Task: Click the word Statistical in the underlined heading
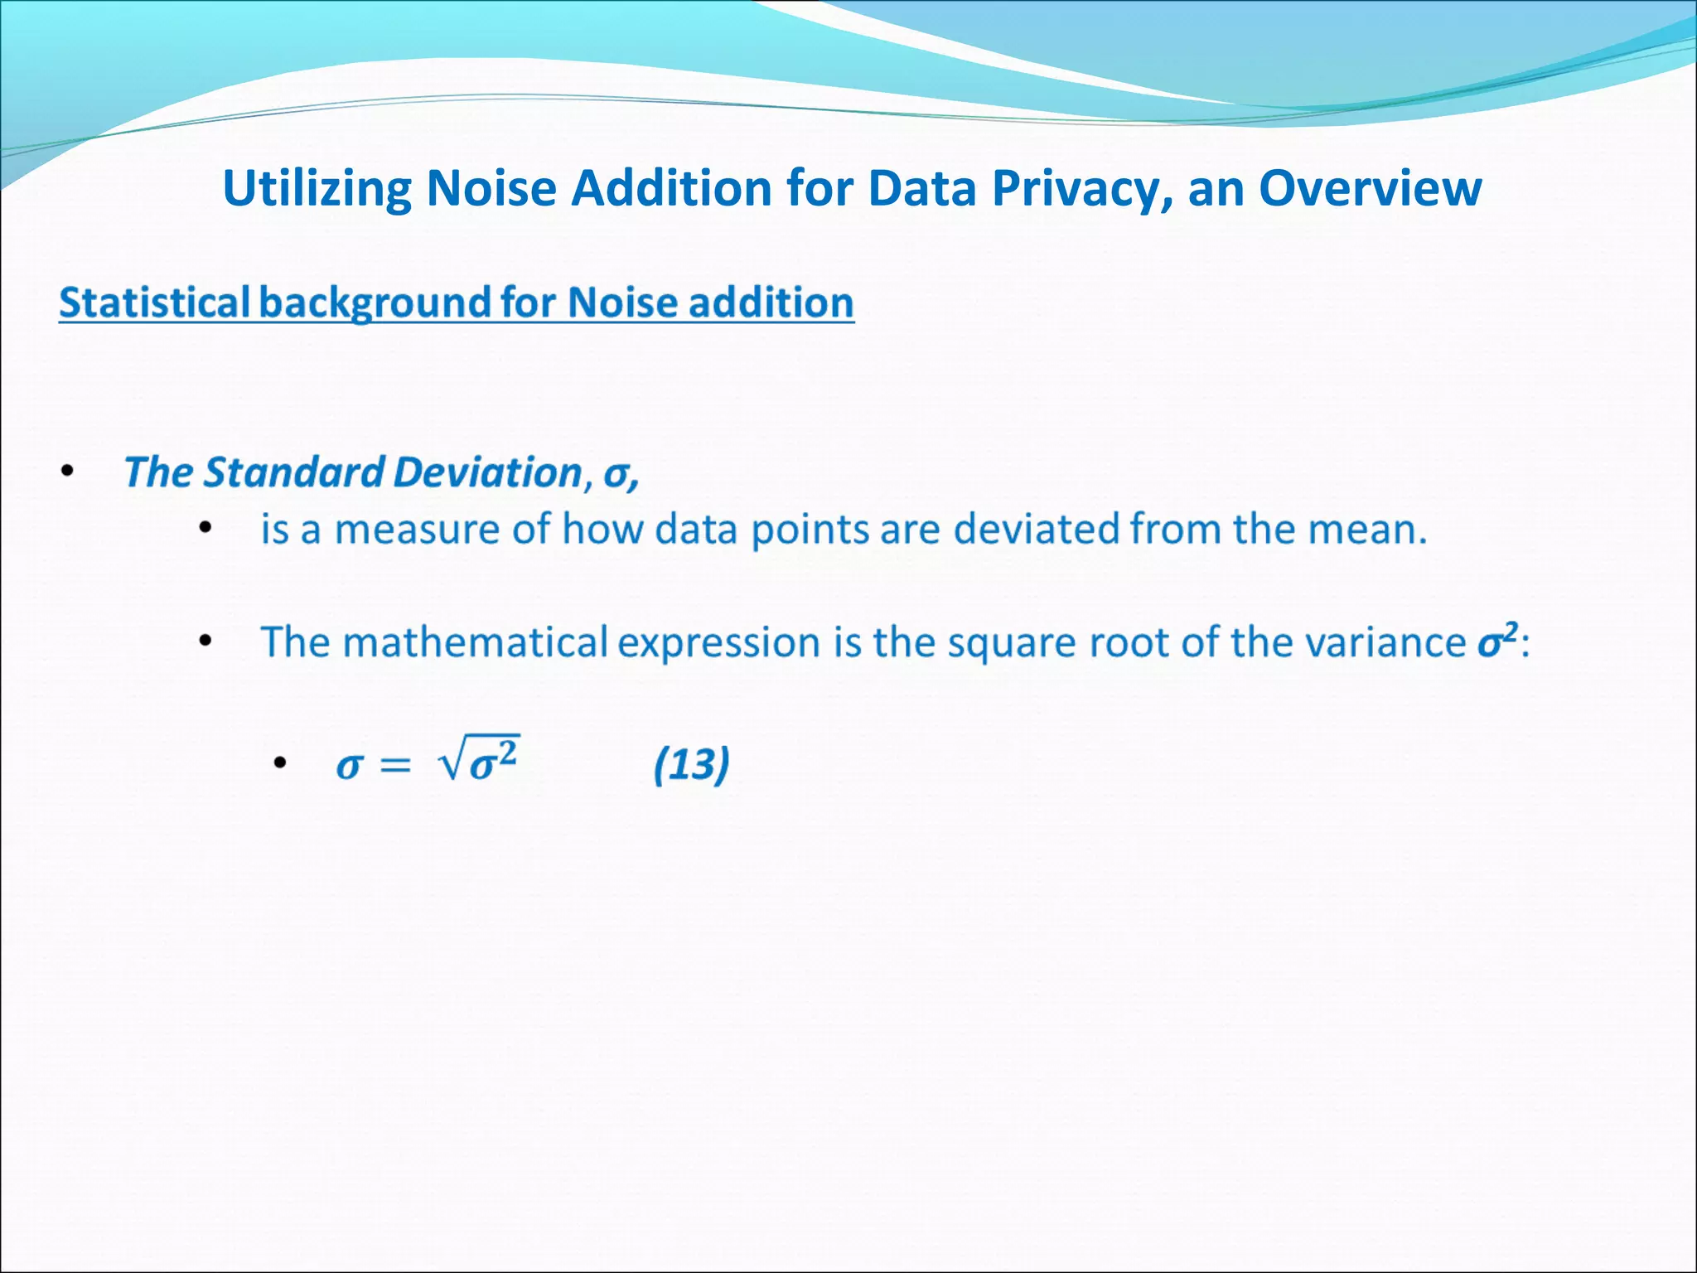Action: (x=154, y=303)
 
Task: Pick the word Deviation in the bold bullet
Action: (x=488, y=472)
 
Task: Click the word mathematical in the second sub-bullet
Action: (x=475, y=642)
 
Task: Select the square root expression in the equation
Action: (x=480, y=759)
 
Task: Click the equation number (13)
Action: (x=692, y=764)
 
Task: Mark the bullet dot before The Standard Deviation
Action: (x=68, y=472)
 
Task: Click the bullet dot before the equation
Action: (x=280, y=763)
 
